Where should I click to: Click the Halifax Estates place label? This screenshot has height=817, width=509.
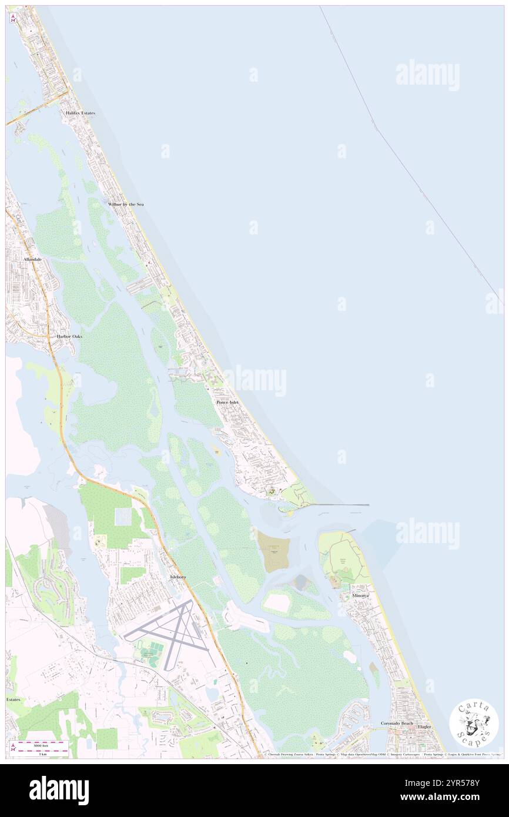pyautogui.click(x=80, y=112)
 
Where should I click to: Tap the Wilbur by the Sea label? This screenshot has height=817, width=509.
pyautogui.click(x=125, y=204)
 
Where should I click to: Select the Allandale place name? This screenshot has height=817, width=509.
pyautogui.click(x=32, y=259)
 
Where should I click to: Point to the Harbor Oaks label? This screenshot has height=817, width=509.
pyautogui.click(x=69, y=336)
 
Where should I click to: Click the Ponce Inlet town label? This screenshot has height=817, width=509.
pyautogui.click(x=227, y=402)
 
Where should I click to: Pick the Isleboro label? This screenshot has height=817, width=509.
pyautogui.click(x=178, y=577)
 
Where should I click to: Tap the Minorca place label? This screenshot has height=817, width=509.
pyautogui.click(x=361, y=595)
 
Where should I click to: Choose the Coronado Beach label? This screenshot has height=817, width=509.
pyautogui.click(x=397, y=723)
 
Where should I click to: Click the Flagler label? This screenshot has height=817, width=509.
pyautogui.click(x=424, y=726)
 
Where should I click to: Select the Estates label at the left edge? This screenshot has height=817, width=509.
pyautogui.click(x=13, y=699)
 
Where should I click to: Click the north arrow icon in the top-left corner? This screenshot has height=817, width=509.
pyautogui.click(x=13, y=18)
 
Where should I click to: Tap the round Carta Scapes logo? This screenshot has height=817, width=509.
pyautogui.click(x=474, y=724)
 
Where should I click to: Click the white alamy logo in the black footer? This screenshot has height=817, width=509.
pyautogui.click(x=59, y=791)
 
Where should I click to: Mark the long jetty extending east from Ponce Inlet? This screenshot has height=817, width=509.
pyautogui.click(x=341, y=505)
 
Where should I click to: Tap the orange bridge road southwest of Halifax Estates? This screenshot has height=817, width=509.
pyautogui.click(x=32, y=111)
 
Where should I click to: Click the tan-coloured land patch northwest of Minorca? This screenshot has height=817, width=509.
pyautogui.click(x=274, y=551)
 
